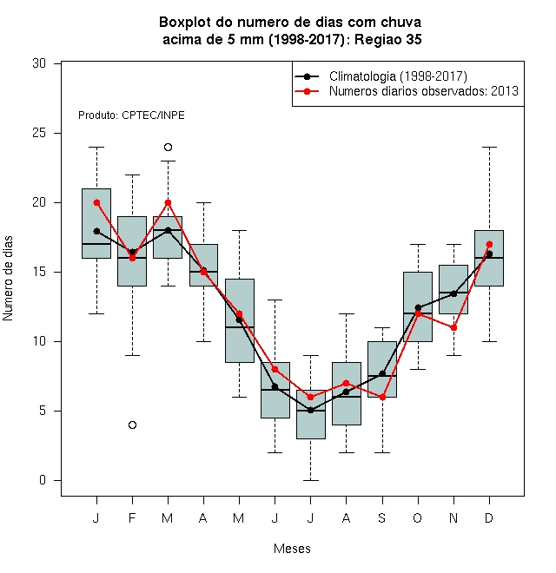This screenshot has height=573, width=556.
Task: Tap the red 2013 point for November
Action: pos(453,328)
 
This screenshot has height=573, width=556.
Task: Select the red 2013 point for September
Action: pos(382,398)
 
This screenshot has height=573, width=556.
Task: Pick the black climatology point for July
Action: pos(310,411)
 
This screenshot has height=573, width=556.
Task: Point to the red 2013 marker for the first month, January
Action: pos(96,203)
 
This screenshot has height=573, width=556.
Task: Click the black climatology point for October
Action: pos(418,307)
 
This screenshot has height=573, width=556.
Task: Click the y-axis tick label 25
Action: pos(39,133)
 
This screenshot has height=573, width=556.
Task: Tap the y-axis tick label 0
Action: pos(43,480)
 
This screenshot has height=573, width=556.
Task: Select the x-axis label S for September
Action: pos(382,517)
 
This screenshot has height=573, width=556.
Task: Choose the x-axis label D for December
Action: pos(489,517)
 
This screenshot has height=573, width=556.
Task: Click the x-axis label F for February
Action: pos(132,517)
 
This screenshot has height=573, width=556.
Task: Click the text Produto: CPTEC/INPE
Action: pos(131,115)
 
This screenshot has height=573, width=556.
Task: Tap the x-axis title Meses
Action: pos(292,549)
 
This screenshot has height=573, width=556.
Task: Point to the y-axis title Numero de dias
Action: pos(8,279)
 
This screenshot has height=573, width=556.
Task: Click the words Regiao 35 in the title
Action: pos(388,39)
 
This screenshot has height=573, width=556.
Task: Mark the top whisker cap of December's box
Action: pos(489,148)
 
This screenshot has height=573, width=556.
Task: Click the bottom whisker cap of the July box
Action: pos(310,480)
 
